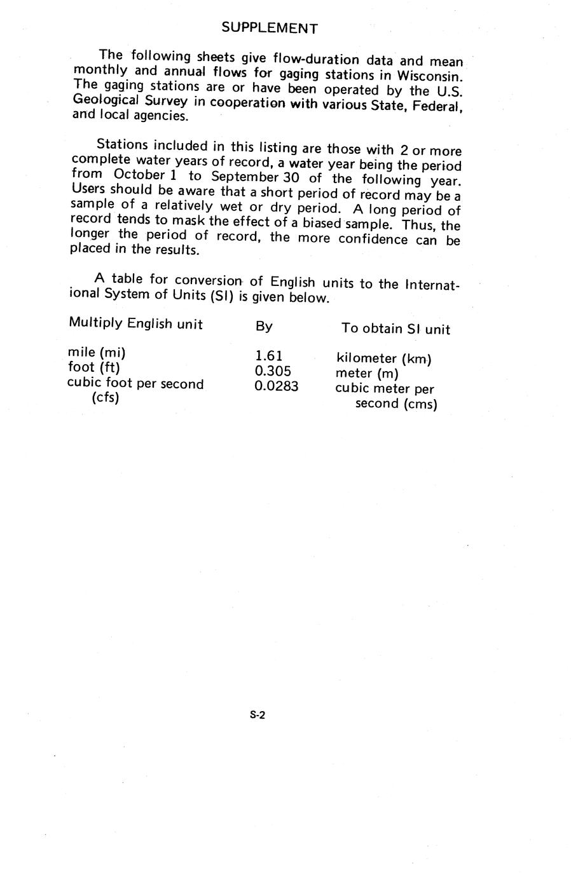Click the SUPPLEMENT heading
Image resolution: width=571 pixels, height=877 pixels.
270,28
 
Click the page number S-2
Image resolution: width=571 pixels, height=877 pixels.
257,715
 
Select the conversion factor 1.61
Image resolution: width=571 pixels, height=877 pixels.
268,356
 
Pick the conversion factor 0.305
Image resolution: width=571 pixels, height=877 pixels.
273,371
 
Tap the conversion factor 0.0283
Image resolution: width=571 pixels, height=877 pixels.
276,386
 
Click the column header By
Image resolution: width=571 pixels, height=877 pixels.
264,327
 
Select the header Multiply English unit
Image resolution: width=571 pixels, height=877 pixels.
135,324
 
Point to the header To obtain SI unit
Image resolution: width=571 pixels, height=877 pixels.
396,329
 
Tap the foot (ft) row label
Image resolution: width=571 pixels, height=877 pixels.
93,367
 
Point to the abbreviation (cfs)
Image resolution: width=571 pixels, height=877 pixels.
106,398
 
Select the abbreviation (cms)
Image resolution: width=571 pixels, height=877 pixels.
420,404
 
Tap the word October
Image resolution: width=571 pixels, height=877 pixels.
141,174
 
